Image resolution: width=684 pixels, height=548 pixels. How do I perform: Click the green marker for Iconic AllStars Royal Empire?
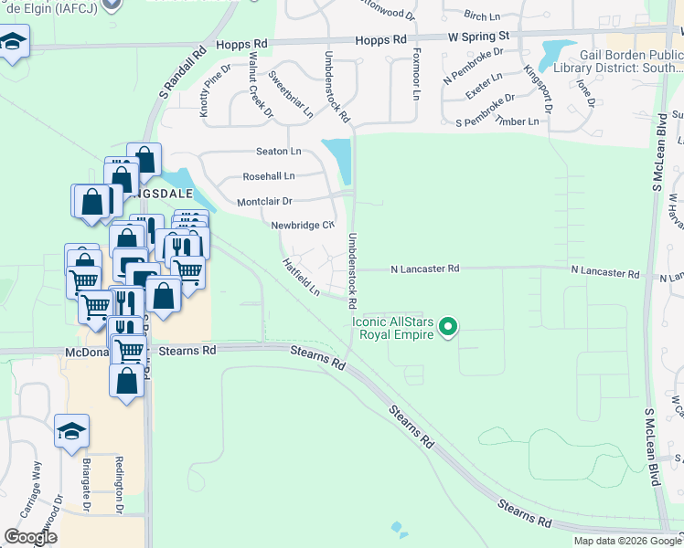tap(448, 326)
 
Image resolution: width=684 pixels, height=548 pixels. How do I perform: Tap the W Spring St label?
tap(477, 36)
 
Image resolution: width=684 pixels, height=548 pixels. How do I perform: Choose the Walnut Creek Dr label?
tap(260, 85)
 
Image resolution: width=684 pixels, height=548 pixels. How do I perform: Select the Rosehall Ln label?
tap(269, 175)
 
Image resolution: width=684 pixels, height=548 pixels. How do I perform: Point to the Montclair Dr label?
tap(264, 201)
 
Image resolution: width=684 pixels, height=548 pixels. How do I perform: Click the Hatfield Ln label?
tap(301, 277)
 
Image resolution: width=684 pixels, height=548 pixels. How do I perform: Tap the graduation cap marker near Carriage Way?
tap(71, 431)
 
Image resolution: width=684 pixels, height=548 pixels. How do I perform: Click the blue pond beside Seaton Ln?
tap(338, 158)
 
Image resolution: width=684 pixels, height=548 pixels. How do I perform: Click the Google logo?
tap(30, 537)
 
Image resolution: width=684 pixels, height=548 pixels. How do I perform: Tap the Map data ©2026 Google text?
tap(625, 541)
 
